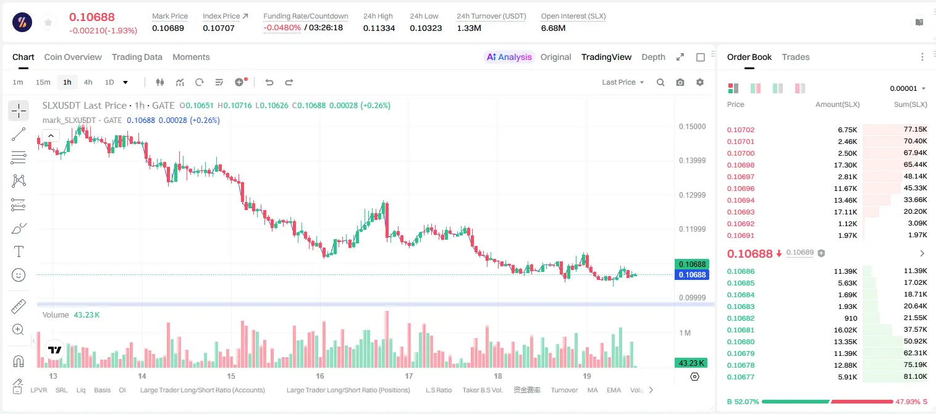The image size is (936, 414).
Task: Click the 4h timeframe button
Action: coord(88,82)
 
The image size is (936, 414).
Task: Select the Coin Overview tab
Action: coord(73,57)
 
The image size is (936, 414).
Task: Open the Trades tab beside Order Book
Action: coord(796,57)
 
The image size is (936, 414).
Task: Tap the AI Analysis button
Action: coord(509,57)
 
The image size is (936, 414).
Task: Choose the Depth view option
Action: coord(653,57)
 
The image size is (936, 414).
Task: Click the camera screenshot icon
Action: coord(680,82)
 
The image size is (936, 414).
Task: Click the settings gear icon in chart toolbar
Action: coord(700,82)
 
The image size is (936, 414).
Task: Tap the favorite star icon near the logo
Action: coord(48,23)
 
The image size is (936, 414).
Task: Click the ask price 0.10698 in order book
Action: coord(741,165)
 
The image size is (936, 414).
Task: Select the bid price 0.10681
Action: coord(741,330)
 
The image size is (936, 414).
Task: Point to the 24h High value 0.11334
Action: coord(379,28)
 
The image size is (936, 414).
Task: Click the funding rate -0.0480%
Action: coord(282,28)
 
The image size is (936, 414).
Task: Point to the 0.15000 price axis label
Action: coord(693,127)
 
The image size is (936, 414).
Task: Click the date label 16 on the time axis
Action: coord(320,376)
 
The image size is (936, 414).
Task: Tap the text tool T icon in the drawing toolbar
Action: coord(19,251)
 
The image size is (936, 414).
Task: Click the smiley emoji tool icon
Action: coord(19,275)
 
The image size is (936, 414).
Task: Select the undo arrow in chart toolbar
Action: coord(269,82)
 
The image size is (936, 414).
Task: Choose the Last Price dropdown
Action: coord(623,82)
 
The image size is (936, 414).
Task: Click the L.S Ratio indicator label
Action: coord(439,390)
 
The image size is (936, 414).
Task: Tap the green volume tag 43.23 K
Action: coord(691,363)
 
